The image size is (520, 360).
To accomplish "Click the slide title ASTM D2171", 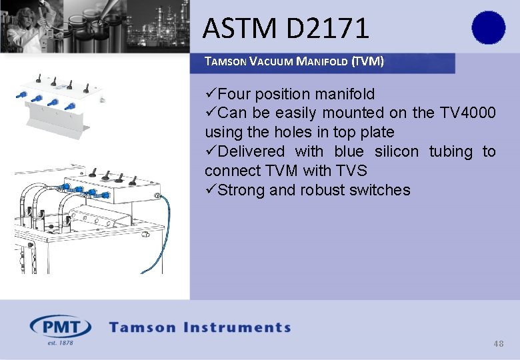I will (285, 29).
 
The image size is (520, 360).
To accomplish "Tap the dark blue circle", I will (489, 28).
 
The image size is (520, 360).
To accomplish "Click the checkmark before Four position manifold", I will (211, 94).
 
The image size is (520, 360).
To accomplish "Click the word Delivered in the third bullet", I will (251, 151).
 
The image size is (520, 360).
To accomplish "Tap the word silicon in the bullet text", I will (397, 151).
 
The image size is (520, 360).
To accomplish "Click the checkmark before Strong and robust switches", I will (211, 190).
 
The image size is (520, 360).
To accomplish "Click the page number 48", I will (498, 344).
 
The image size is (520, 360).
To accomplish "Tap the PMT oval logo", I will (61, 327).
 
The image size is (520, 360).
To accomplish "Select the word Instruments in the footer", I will (238, 327).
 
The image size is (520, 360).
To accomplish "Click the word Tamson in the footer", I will (142, 327).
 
